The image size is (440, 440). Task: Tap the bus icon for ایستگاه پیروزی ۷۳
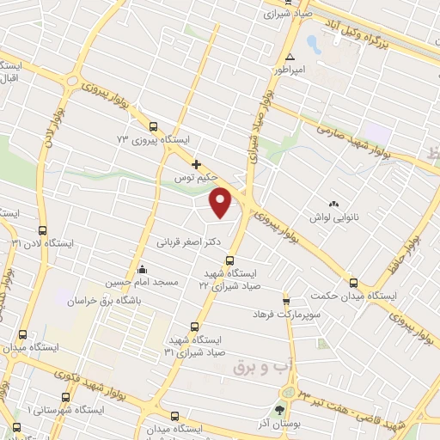pyautogui.click(x=153, y=125)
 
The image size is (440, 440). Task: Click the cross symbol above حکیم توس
pyautogui.click(x=197, y=163)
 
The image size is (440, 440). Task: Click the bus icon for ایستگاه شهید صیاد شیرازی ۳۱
pyautogui.click(x=193, y=327)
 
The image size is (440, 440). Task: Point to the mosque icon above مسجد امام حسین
pyautogui.click(x=142, y=269)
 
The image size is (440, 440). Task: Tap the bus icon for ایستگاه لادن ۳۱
pyautogui.click(x=43, y=230)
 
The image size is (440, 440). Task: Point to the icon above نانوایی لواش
pyautogui.click(x=333, y=203)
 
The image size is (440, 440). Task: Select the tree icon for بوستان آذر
pyautogui.click(x=280, y=410)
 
